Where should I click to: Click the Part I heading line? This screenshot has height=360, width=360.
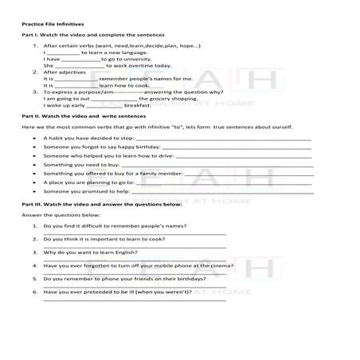tap(93, 37)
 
